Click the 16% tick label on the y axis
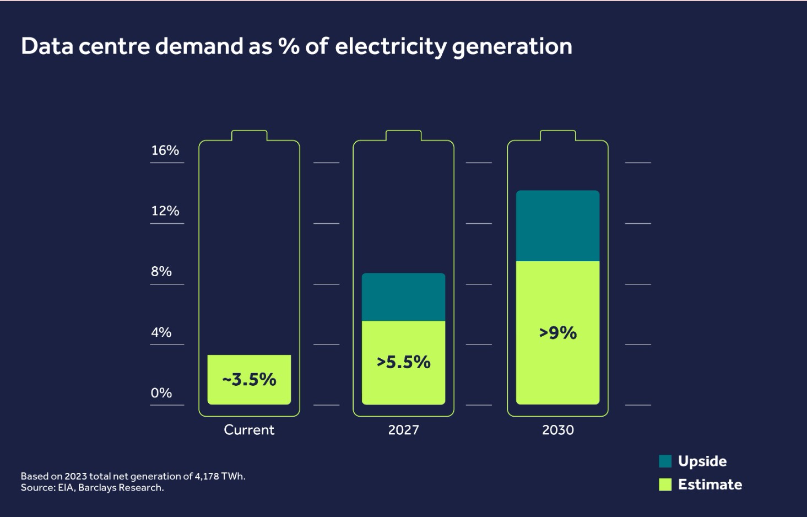pos(165,150)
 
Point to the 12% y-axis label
pos(165,211)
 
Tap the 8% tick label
pos(161,272)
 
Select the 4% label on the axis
pos(161,332)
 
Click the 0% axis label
pos(161,393)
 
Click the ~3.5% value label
pos(249,380)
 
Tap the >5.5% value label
pos(403,362)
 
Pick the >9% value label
pos(557,333)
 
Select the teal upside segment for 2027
pos(403,297)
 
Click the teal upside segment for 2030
pos(557,225)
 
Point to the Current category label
pos(249,430)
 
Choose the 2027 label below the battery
pos(403,430)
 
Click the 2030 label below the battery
pos(557,430)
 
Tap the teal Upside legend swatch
pos(665,461)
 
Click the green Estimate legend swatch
pos(665,484)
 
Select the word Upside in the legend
pos(702,461)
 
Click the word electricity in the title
pos(391,47)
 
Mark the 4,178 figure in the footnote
pos(207,476)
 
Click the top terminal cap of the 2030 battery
pos(557,135)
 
